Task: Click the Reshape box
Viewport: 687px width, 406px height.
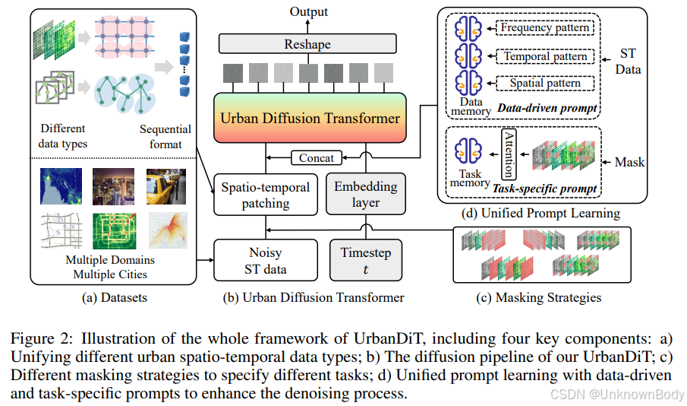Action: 307,44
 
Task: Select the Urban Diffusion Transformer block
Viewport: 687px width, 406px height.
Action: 309,119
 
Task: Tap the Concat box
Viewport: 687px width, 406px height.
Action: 316,157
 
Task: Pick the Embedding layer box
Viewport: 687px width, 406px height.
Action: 366,194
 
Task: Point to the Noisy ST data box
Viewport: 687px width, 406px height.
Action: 266,260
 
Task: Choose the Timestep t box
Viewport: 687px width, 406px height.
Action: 366,260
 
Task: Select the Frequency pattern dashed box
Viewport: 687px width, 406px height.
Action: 544,28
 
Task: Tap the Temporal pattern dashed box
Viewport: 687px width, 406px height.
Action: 544,56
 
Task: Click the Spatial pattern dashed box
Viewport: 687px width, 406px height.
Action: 544,84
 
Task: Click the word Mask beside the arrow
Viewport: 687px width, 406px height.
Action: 629,162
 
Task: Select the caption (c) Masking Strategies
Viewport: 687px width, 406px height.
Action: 538,297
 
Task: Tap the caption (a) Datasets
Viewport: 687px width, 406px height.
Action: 114,297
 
